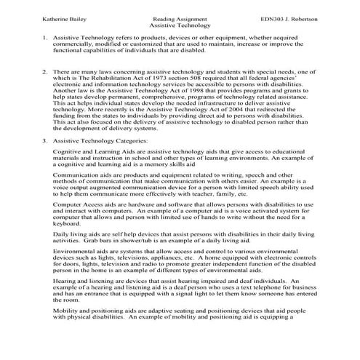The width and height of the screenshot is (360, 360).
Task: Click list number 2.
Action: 25,73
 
